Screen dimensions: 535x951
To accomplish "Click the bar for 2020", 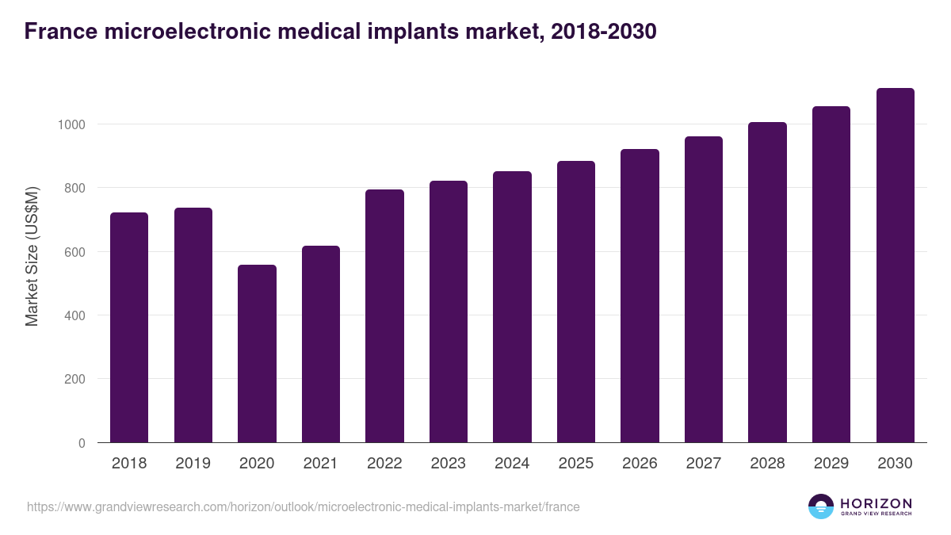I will coord(257,353).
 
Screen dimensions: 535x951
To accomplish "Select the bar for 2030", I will coord(895,266).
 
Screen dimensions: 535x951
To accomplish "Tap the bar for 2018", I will coord(129,327).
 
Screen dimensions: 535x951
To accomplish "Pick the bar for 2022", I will coord(384,316).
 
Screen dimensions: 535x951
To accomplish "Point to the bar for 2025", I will coord(576,302).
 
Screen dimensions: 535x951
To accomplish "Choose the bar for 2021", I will coord(321,344).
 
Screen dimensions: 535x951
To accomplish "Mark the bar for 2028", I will coord(767,282).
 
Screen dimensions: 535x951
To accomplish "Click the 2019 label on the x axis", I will coord(193,464).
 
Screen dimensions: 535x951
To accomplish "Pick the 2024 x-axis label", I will coord(512,464).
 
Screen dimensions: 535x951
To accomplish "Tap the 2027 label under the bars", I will coord(704,464).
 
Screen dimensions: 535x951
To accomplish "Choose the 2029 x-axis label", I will coord(831,464).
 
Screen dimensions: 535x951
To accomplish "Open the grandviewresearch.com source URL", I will coord(303,506).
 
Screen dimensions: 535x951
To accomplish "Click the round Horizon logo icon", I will coord(821,506).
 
